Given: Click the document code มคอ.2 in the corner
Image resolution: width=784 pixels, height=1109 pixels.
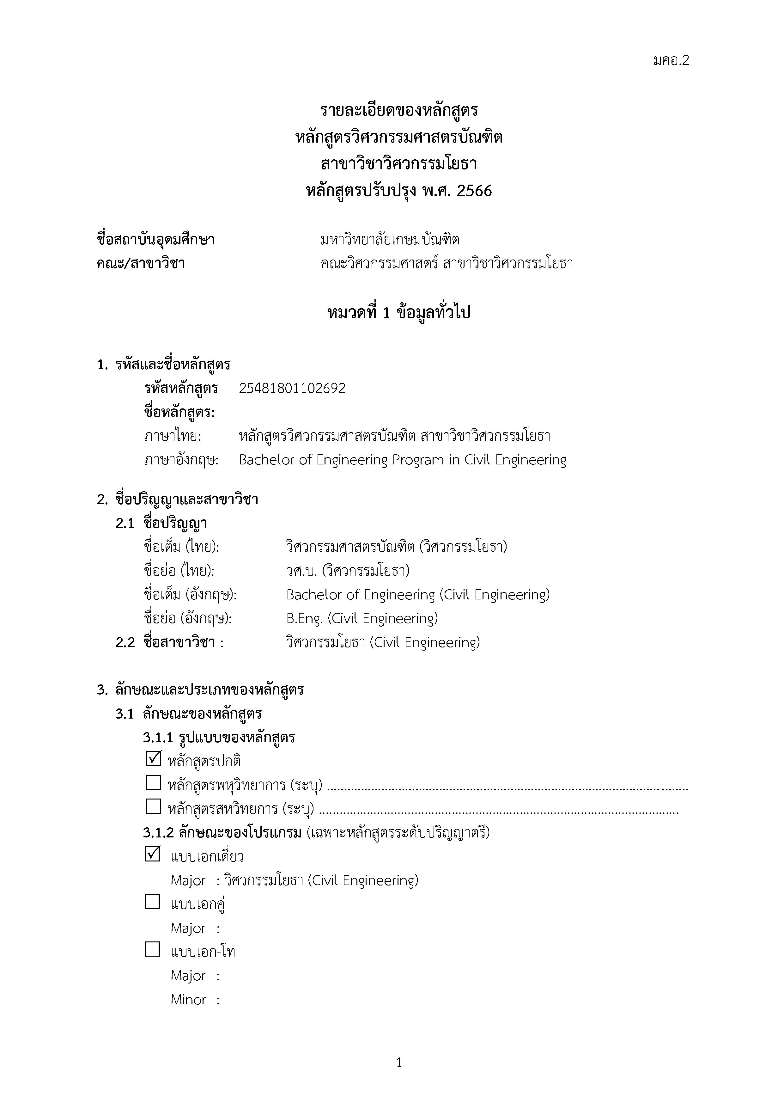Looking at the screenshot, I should (671, 60).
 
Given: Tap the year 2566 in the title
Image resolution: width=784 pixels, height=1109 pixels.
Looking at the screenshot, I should (474, 191).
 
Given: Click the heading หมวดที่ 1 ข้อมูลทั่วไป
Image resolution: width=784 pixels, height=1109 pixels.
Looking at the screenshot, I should (399, 313).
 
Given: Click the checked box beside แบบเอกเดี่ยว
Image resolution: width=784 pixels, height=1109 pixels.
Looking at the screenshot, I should (153, 854).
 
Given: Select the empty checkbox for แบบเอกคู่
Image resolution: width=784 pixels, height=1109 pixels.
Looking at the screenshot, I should (153, 901).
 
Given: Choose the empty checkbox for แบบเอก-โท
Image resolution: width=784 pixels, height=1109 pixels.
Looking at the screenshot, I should (153, 949).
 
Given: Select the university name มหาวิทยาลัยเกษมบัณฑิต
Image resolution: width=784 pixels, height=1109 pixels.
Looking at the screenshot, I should (390, 240).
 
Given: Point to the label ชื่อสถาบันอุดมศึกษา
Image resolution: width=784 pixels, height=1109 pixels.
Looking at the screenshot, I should (155, 240).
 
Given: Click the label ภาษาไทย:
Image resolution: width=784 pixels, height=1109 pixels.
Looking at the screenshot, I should (172, 436).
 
